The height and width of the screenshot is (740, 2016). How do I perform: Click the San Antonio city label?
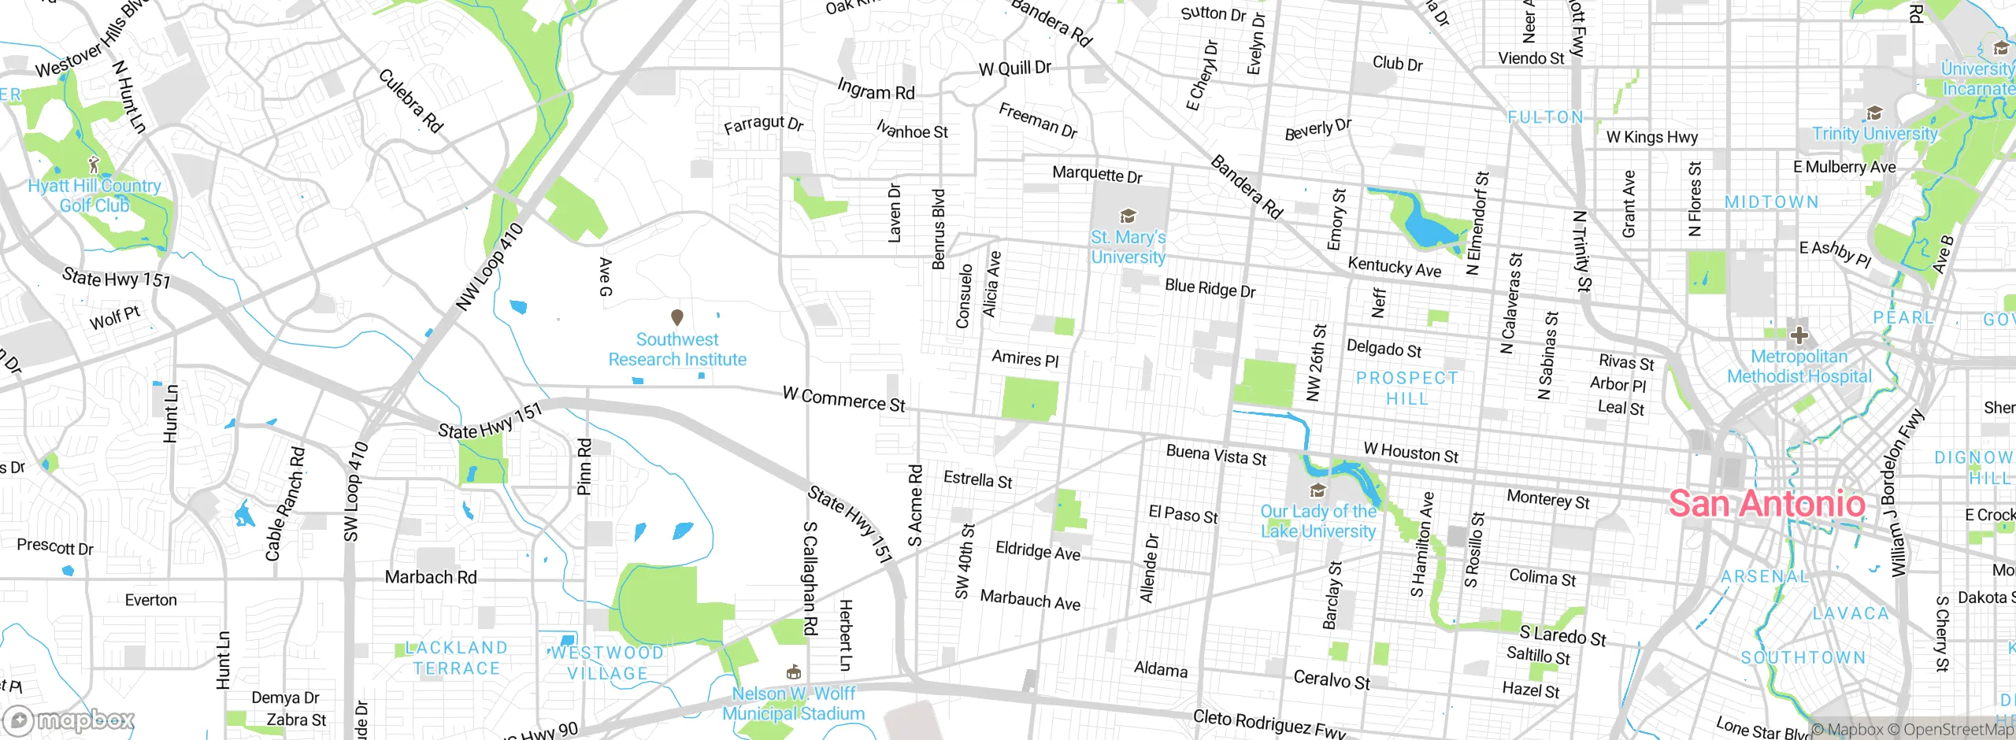pos(1766,504)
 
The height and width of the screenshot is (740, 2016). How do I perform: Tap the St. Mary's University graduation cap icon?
pos(1128,216)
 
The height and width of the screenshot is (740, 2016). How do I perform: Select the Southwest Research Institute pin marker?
pos(676,317)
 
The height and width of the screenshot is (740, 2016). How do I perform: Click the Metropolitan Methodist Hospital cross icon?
pos(1799,335)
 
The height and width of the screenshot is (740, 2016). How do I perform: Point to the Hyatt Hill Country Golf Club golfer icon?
pos(94,165)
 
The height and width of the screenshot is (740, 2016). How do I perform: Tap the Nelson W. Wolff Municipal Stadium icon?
pos(793,672)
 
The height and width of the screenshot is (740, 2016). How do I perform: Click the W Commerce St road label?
pos(843,399)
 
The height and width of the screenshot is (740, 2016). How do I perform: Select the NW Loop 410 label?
pos(490,267)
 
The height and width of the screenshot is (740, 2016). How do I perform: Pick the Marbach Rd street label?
pos(431,577)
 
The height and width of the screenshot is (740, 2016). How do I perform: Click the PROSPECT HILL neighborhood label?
pos(1406,388)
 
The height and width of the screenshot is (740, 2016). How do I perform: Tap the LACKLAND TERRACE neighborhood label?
pos(456,658)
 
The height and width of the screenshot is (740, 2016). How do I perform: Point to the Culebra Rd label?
pos(411,101)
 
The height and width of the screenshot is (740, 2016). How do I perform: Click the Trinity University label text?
pos(1874,134)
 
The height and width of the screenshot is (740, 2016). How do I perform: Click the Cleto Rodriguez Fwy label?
pos(1269,723)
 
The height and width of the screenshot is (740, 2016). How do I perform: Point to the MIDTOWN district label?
pos(1772,202)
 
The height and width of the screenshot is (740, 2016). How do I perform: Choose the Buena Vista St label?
pos(1216,455)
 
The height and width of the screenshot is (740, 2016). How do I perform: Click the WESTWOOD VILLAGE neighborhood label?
pos(607,663)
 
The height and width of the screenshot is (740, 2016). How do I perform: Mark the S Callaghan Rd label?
pos(810,578)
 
